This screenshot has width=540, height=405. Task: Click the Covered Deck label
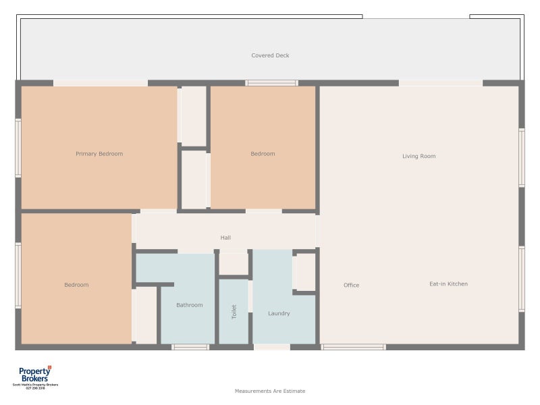click(270, 55)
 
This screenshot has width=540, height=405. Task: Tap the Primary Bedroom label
click(99, 154)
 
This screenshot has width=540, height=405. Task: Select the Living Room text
click(418, 156)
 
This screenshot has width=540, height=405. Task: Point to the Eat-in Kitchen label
click(448, 284)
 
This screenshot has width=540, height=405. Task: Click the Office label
click(351, 285)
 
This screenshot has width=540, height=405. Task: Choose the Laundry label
click(279, 313)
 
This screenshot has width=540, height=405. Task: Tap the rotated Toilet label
click(234, 312)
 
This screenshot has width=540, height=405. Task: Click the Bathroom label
click(189, 305)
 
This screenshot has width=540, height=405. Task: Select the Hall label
click(225, 238)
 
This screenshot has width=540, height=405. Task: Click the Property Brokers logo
click(35, 375)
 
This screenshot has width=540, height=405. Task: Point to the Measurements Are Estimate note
click(270, 391)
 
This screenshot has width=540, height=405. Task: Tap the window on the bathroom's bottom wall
click(190, 347)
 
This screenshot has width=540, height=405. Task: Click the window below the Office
click(353, 347)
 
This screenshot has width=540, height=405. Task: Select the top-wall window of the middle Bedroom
click(271, 83)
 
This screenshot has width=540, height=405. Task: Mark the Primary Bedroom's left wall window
click(18, 148)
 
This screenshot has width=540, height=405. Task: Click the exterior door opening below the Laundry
click(271, 347)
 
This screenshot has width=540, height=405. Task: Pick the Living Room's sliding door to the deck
click(440, 83)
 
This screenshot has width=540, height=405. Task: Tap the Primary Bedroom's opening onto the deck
click(100, 83)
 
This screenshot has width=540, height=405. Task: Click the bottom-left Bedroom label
click(76, 285)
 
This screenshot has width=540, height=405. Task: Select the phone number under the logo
click(35, 388)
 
